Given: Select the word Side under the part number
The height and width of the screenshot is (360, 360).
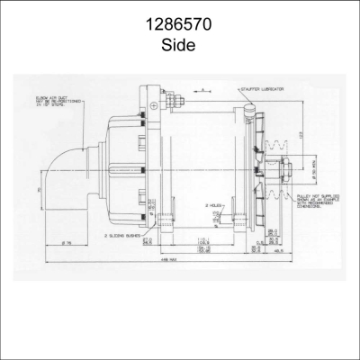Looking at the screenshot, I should [179, 43].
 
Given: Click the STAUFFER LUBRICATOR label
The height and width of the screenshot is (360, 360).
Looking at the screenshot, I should [262, 91].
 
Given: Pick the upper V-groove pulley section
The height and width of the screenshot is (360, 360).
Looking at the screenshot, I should [275, 147].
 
